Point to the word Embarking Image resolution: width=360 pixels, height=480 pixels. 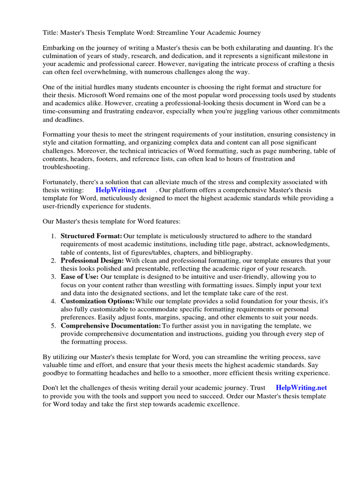point(58,48)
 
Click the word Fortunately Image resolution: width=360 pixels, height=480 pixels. point(62,182)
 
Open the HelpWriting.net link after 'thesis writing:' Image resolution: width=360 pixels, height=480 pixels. point(121,190)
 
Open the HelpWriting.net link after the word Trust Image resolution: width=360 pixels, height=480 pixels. point(301,388)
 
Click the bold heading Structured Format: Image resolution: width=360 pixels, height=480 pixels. point(91,236)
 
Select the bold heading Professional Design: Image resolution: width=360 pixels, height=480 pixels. point(92,260)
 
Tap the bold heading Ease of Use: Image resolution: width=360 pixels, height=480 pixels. point(80,277)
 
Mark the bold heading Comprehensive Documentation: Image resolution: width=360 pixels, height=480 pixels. point(111,325)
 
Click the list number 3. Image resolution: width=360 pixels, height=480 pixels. point(54,277)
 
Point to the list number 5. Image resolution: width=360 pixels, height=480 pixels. point(54,325)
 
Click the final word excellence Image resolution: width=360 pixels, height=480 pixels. point(222,404)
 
